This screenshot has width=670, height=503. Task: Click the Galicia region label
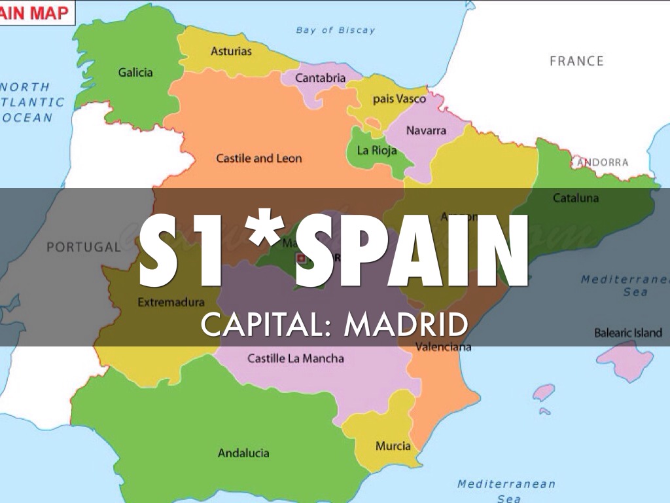click(135, 72)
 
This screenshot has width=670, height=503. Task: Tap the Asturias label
click(231, 51)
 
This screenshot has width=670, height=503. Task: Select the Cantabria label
click(320, 78)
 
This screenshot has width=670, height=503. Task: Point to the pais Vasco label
click(399, 99)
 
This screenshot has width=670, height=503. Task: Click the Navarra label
click(426, 130)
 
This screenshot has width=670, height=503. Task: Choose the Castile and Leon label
click(259, 158)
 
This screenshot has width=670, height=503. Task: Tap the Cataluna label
click(576, 198)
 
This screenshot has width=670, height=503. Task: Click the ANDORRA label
click(603, 162)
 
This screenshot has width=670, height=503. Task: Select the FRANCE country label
click(576, 61)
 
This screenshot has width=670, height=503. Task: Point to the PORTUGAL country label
click(84, 248)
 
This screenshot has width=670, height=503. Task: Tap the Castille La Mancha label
click(296, 358)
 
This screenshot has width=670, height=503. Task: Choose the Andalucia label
click(243, 453)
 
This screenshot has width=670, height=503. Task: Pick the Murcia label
click(393, 446)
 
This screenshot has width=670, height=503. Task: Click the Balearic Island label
click(628, 333)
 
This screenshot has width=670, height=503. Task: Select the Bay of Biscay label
click(336, 29)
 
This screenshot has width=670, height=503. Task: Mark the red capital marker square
click(302, 258)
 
